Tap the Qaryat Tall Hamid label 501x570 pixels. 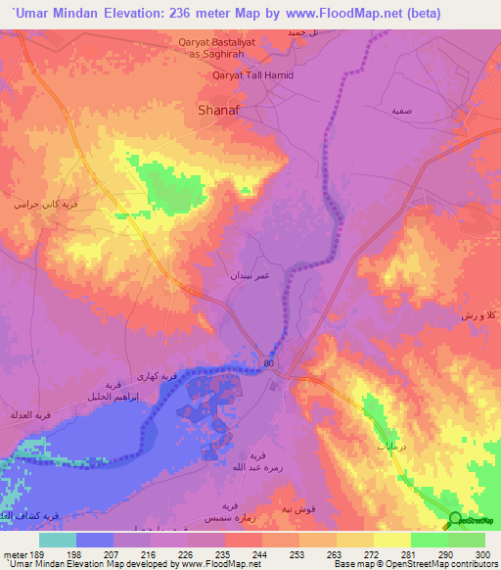(252, 75)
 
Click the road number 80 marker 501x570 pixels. (268, 363)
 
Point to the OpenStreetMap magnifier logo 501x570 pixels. (455, 520)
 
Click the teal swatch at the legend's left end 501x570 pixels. (58, 540)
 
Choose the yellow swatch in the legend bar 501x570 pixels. (392, 540)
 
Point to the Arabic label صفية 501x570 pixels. (401, 112)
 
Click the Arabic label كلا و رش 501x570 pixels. (477, 317)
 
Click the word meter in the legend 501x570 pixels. (15, 553)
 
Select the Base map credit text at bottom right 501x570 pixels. (414, 564)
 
